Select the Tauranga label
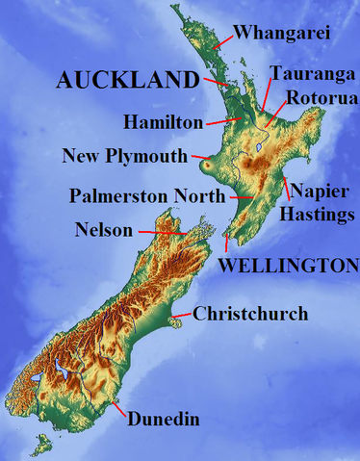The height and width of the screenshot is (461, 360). point(304,73)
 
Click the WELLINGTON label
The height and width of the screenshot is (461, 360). point(289,265)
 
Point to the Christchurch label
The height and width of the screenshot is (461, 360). point(250,314)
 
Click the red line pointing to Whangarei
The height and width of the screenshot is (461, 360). point(222,40)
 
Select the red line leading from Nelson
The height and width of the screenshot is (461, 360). point(162,232)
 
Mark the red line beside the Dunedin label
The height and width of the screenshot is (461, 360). point(119,409)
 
